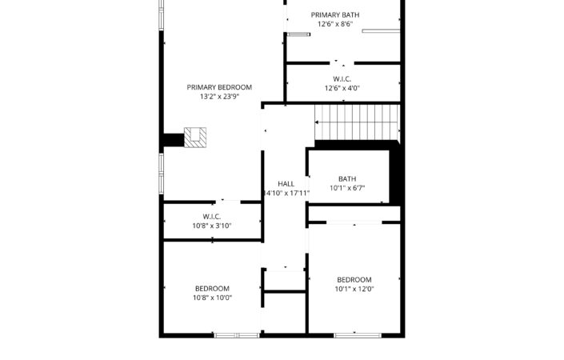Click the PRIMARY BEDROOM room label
[219, 87]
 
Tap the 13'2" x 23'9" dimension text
[219, 96]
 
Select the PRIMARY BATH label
[335, 15]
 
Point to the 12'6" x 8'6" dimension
[335, 24]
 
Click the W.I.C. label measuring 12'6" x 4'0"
[342, 79]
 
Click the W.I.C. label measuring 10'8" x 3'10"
[211, 217]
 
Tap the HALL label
[286, 184]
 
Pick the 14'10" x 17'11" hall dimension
[286, 193]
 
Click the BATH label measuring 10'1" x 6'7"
[347, 178]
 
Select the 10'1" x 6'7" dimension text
[347, 188]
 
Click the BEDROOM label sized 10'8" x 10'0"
[212, 289]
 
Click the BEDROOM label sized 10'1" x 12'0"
[354, 280]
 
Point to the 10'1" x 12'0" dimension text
[354, 289]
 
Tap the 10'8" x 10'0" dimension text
[212, 298]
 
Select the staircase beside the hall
[357, 122]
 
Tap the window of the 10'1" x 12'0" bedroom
[358, 335]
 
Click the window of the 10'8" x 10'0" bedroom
[237, 335]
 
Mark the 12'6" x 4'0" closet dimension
[342, 88]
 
